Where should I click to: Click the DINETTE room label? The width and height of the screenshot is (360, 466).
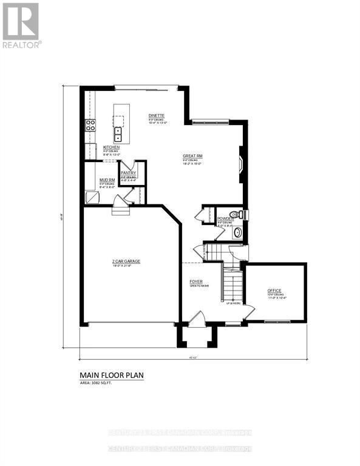157,115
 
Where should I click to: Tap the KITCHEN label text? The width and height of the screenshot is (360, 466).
111,147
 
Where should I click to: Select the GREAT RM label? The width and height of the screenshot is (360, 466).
192,156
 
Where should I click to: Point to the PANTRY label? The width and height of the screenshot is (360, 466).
129,173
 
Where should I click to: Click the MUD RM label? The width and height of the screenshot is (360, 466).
107,180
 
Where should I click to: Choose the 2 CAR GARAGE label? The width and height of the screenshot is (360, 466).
126,262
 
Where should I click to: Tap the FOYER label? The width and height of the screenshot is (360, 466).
196,282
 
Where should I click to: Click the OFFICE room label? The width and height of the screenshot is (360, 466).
274,291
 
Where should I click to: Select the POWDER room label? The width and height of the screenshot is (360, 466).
225,219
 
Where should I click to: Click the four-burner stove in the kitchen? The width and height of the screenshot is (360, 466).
91,126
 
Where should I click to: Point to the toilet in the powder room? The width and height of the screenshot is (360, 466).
242,214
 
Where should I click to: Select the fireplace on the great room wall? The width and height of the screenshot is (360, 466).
241,164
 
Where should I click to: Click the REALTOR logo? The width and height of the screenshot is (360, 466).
21,25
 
